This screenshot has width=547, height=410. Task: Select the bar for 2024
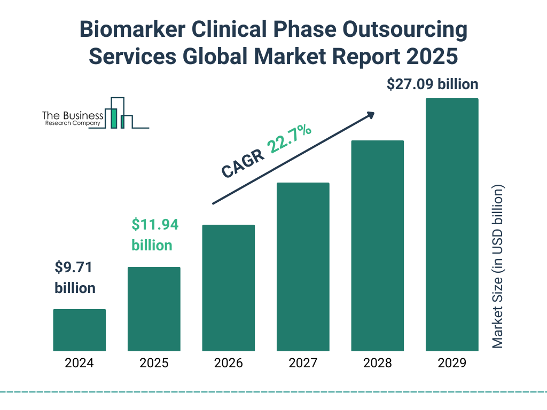click(x=79, y=330)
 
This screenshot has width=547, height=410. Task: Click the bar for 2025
click(x=154, y=309)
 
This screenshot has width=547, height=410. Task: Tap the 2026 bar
click(x=228, y=288)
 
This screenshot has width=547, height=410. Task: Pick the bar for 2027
click(x=303, y=267)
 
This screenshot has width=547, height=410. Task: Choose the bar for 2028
click(x=377, y=246)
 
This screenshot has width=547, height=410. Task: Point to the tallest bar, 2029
click(x=452, y=225)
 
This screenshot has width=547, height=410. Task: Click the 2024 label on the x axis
click(x=79, y=364)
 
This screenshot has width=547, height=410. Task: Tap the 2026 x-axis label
click(x=228, y=364)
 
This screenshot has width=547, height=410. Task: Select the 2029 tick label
click(x=452, y=364)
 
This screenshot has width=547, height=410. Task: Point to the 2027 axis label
click(x=303, y=364)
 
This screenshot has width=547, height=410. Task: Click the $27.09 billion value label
click(x=432, y=84)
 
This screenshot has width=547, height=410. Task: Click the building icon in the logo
click(x=121, y=113)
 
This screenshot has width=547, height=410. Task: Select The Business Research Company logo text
click(x=73, y=119)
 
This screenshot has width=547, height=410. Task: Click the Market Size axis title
click(x=498, y=266)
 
